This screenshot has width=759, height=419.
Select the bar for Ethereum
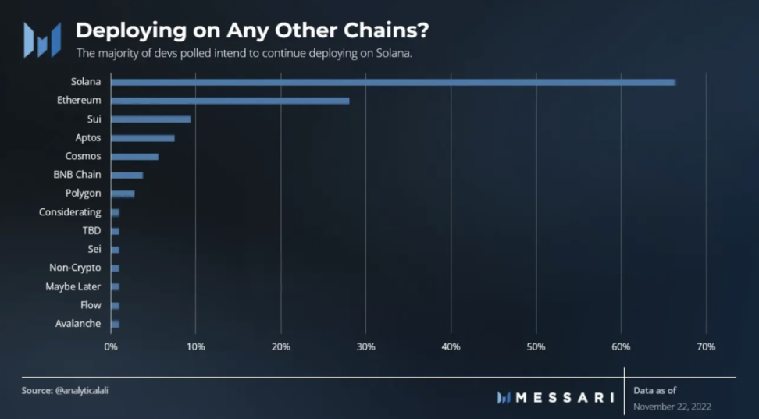(230, 101)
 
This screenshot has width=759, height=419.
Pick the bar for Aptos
(143, 138)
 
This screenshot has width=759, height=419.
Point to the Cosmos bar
(135, 157)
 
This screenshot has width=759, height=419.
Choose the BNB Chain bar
(127, 176)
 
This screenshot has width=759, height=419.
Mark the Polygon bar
(123, 194)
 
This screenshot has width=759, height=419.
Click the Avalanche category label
(78, 324)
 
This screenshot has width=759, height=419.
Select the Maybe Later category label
(73, 286)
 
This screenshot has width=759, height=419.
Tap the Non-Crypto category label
(75, 268)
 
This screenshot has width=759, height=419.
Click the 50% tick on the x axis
(536, 346)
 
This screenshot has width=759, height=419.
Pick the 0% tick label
(111, 346)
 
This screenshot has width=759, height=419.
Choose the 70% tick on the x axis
(706, 346)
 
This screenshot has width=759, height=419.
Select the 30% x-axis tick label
(365, 346)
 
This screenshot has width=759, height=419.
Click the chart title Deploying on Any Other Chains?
(251, 31)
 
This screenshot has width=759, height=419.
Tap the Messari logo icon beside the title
(42, 40)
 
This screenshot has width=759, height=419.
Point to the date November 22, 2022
(672, 407)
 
